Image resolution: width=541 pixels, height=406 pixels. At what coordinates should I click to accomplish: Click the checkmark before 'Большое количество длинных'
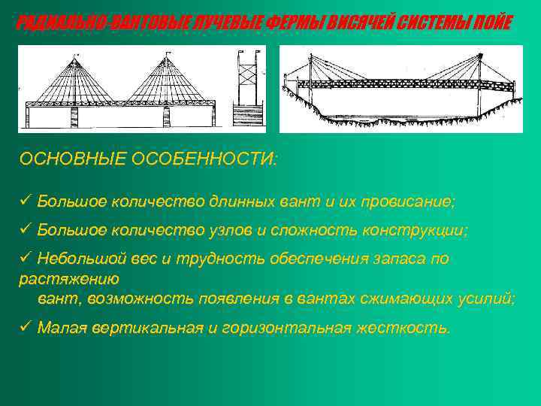(25, 201)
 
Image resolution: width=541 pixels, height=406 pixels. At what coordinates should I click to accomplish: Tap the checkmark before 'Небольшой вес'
(25, 259)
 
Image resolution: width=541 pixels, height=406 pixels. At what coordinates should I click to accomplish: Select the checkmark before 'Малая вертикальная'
(25, 328)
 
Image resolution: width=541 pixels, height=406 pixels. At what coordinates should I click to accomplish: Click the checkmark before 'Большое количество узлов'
(25, 230)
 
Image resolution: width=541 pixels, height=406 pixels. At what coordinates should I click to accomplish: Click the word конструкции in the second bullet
(413, 230)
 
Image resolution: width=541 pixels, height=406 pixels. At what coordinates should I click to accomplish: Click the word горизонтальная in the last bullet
(289, 328)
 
